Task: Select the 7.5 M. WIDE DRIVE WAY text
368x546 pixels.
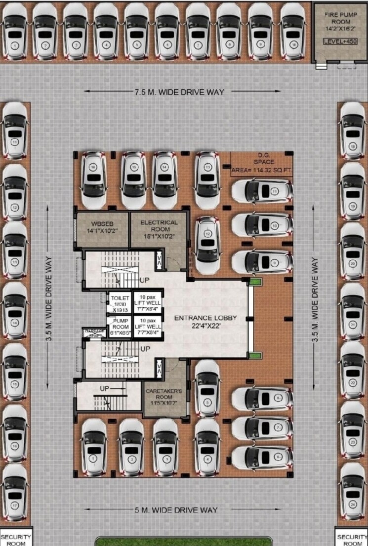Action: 178,92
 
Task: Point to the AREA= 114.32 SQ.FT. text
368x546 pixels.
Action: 261,171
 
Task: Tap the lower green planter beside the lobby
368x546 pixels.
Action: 254,356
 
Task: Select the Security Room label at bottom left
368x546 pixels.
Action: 15,539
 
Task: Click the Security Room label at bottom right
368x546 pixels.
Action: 352,539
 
